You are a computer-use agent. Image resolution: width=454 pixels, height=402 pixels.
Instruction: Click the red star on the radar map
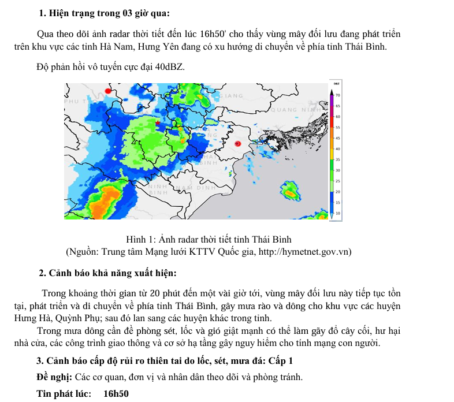(x=158, y=122)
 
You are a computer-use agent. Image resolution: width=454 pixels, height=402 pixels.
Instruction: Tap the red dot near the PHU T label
(x=107, y=91)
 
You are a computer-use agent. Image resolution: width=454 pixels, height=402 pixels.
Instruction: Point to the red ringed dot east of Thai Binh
(x=237, y=144)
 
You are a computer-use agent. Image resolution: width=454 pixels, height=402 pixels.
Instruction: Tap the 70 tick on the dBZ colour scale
(x=338, y=95)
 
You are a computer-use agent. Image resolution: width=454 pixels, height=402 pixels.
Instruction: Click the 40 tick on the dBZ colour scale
(x=338, y=148)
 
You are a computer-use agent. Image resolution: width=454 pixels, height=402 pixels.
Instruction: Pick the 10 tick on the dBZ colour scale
(x=338, y=213)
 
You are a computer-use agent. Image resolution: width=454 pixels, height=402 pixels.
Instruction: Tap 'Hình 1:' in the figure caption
(x=139, y=239)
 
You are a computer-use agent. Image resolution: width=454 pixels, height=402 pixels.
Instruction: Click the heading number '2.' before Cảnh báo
(x=42, y=273)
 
